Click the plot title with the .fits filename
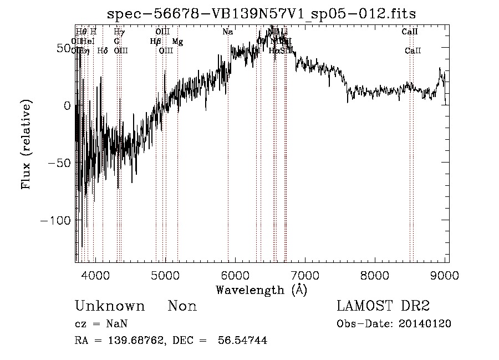tap(261, 13)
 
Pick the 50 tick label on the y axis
tap(63, 48)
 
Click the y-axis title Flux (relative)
tap(27, 144)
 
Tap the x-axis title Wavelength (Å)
tap(261, 290)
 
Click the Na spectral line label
tap(227, 32)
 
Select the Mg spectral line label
tap(177, 41)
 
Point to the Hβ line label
tap(155, 41)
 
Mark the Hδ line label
tap(103, 50)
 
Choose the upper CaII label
tap(410, 32)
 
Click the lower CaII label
tap(413, 50)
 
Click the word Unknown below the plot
tap(110, 306)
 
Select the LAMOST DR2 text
tap(383, 306)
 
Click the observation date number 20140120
tap(428, 323)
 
